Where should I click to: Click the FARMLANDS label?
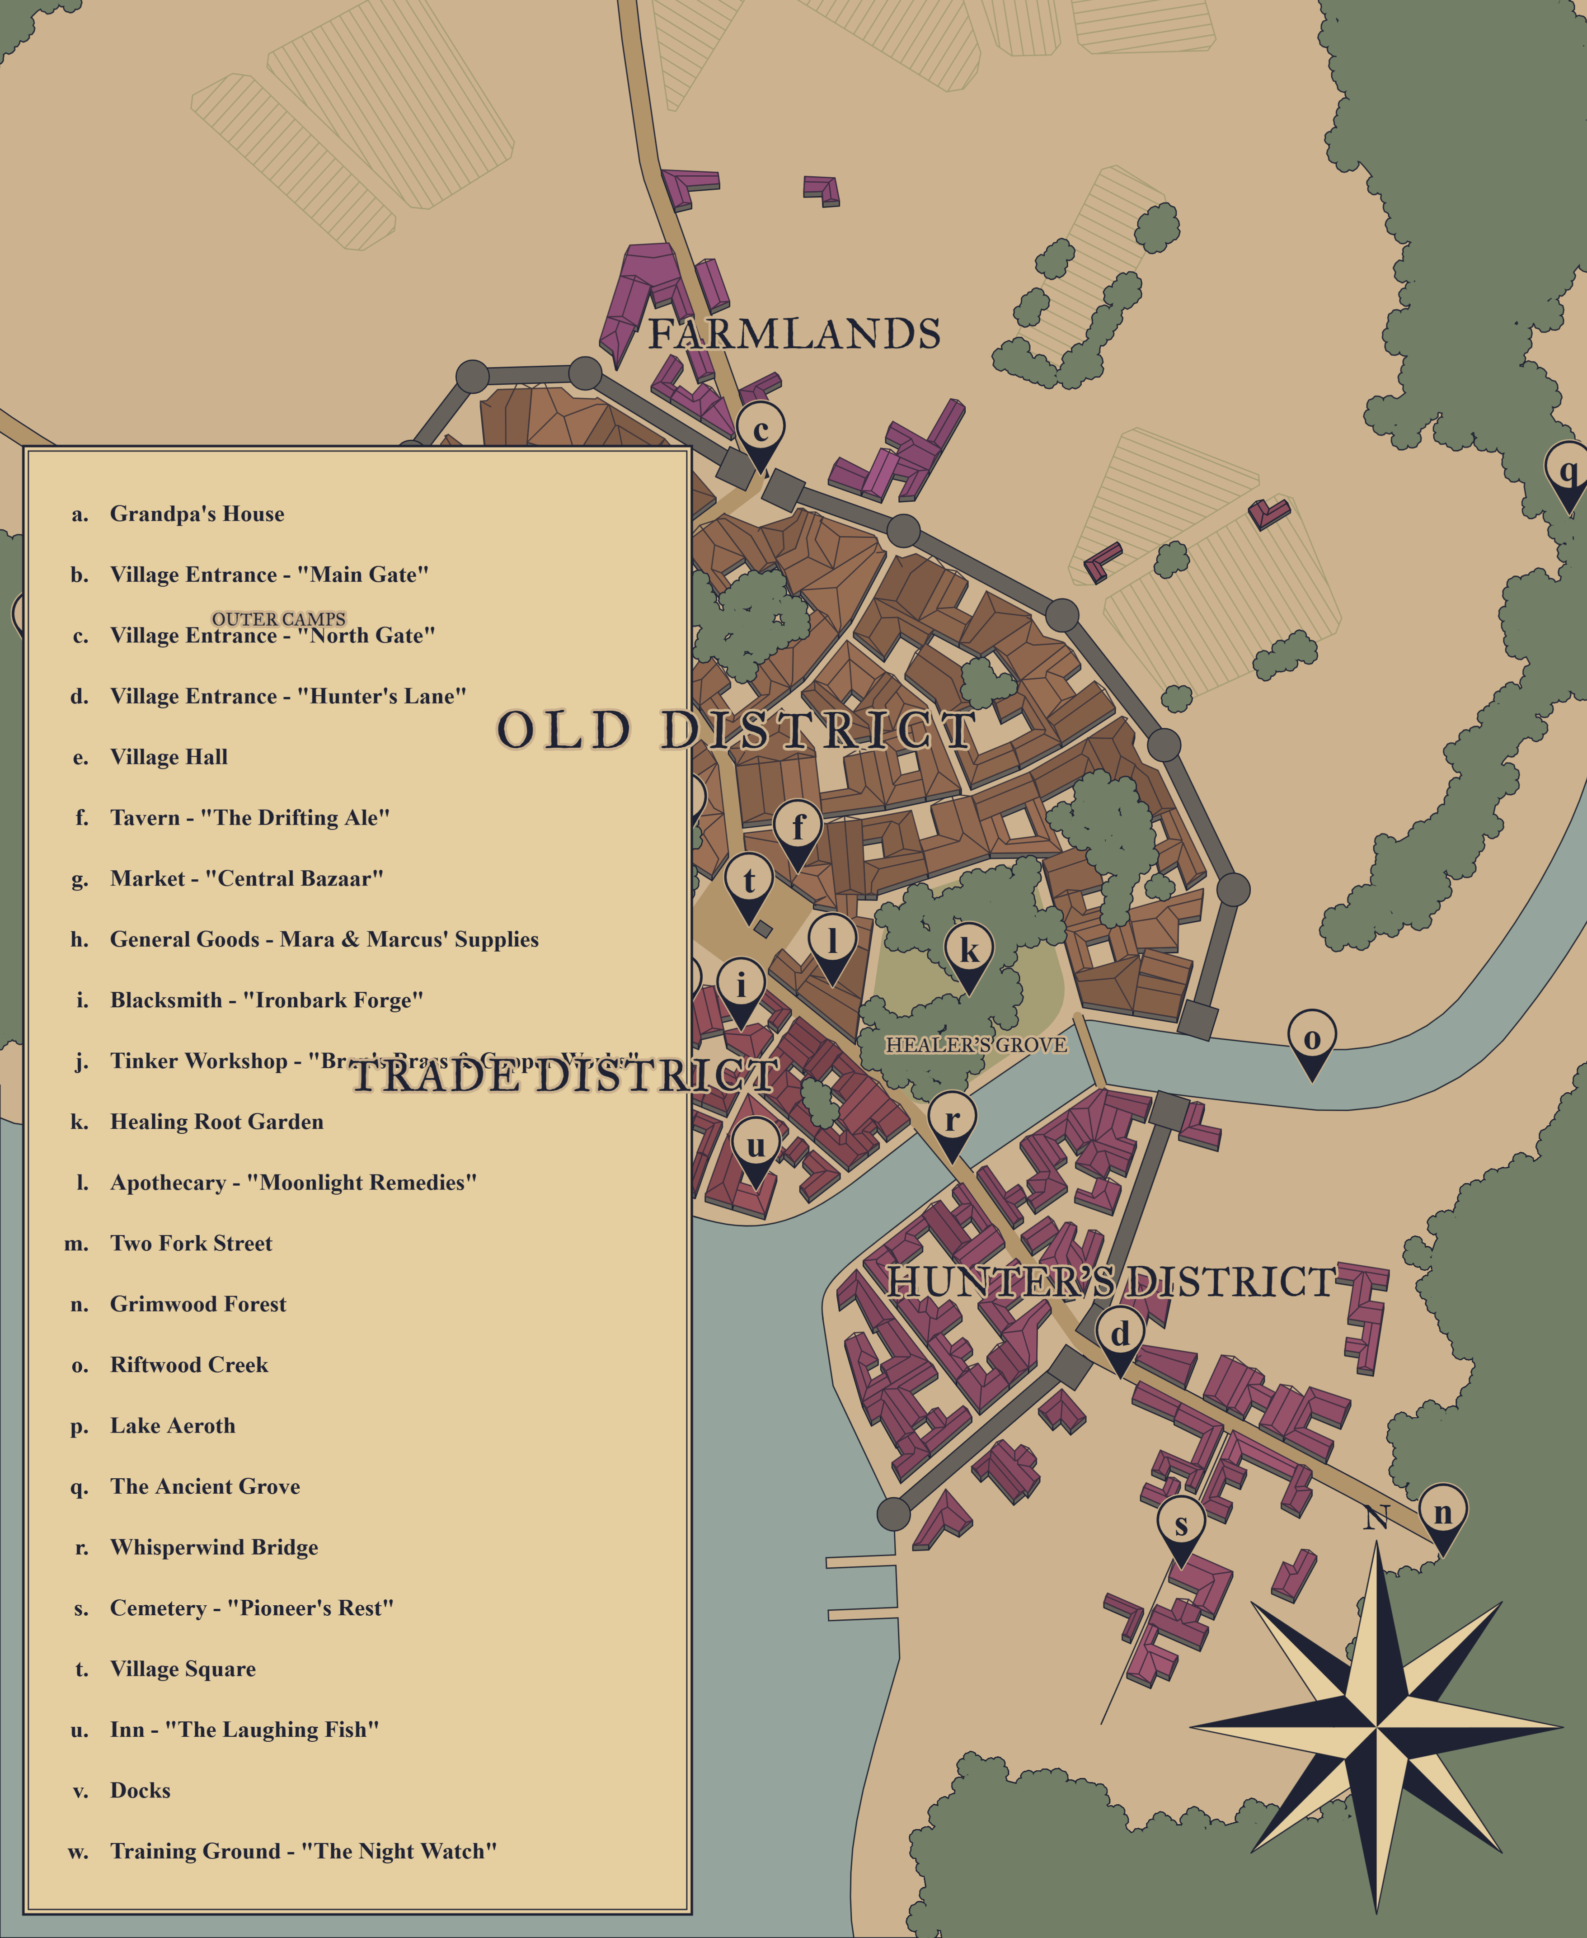794,335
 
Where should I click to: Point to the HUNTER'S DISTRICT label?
1111,1283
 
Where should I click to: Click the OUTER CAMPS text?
279,619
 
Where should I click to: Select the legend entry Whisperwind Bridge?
214,1547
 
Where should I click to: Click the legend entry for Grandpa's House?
197,514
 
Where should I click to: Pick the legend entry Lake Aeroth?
173,1426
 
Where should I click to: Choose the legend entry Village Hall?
169,757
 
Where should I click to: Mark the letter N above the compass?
1376,1518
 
